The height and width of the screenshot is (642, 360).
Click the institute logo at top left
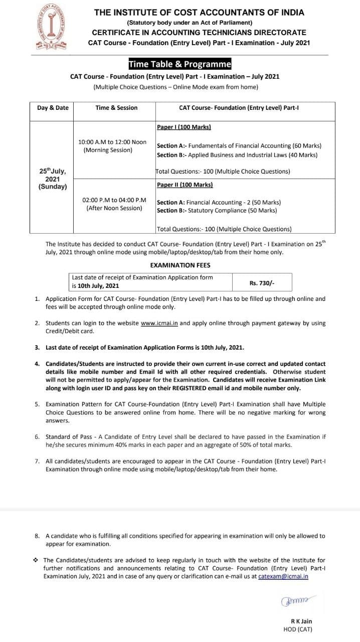tap(52, 26)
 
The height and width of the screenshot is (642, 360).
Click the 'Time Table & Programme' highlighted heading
tap(179, 64)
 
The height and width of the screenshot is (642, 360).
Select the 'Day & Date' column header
tap(53, 107)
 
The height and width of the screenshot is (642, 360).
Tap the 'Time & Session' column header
tap(116, 107)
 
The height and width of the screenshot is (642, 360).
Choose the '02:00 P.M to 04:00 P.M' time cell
tap(114, 204)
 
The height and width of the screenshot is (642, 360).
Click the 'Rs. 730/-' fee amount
tap(262, 283)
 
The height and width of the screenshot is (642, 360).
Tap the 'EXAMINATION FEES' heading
tap(180, 265)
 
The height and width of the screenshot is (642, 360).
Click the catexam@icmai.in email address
tap(283, 576)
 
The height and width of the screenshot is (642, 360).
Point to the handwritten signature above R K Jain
tap(299, 600)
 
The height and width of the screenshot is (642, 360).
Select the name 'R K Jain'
tap(301, 621)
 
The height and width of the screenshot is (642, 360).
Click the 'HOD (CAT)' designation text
tap(298, 629)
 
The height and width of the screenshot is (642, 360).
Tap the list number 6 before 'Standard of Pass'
tap(37, 437)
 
